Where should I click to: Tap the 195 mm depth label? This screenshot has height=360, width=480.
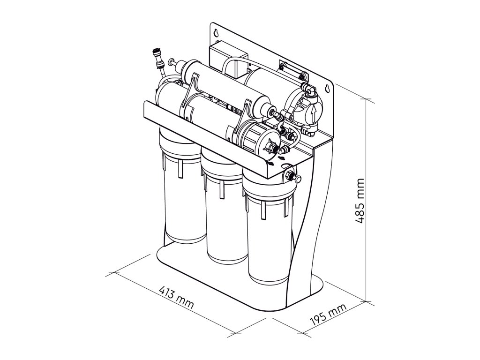coord(328,315)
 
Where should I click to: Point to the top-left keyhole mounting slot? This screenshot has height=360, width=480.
coord(216,33)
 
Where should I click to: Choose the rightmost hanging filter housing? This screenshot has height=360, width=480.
coord(267,234)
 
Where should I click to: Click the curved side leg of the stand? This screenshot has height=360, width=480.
coord(309,220)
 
